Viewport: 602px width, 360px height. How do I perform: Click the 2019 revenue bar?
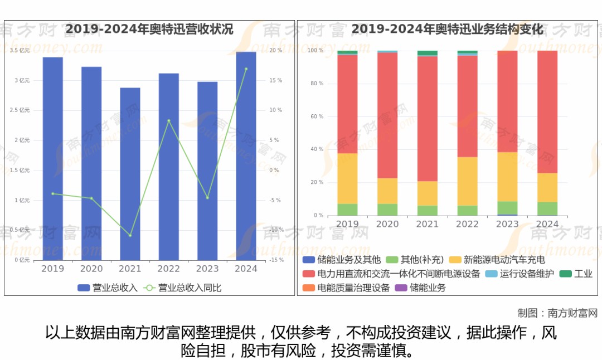coord(52,158)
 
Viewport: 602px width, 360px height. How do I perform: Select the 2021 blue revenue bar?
coord(130,174)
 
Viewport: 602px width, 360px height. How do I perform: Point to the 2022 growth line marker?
coord(169,120)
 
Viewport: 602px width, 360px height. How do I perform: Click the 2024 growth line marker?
coord(246,69)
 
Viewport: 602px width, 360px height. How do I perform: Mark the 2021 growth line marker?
coord(130,235)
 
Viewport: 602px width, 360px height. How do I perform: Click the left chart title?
coord(149,29)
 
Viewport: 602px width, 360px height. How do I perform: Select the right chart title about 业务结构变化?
coord(447,29)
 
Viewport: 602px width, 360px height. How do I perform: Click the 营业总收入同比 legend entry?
coord(183,288)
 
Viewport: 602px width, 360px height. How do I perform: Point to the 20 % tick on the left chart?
coord(276,51)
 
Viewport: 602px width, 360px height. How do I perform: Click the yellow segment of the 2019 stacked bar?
coord(347,178)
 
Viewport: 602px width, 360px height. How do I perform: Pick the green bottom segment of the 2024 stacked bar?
coord(547,208)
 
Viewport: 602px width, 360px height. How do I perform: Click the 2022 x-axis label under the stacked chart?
coord(467,224)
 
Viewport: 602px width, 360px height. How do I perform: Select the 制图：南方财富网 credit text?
coord(557,313)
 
